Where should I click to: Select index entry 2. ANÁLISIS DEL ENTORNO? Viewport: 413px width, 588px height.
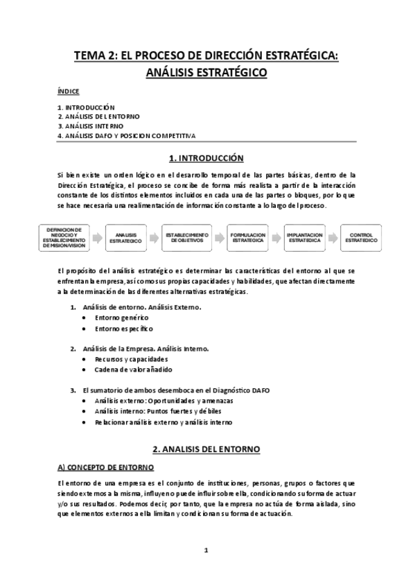(x=98, y=116)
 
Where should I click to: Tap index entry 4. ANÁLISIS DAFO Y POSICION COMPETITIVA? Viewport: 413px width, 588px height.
(x=127, y=136)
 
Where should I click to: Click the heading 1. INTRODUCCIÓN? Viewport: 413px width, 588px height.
(x=206, y=158)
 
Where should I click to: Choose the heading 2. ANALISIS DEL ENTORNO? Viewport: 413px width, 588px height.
(x=206, y=449)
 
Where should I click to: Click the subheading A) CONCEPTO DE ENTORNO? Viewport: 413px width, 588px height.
(x=105, y=468)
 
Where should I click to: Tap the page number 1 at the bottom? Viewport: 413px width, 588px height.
(x=206, y=551)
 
